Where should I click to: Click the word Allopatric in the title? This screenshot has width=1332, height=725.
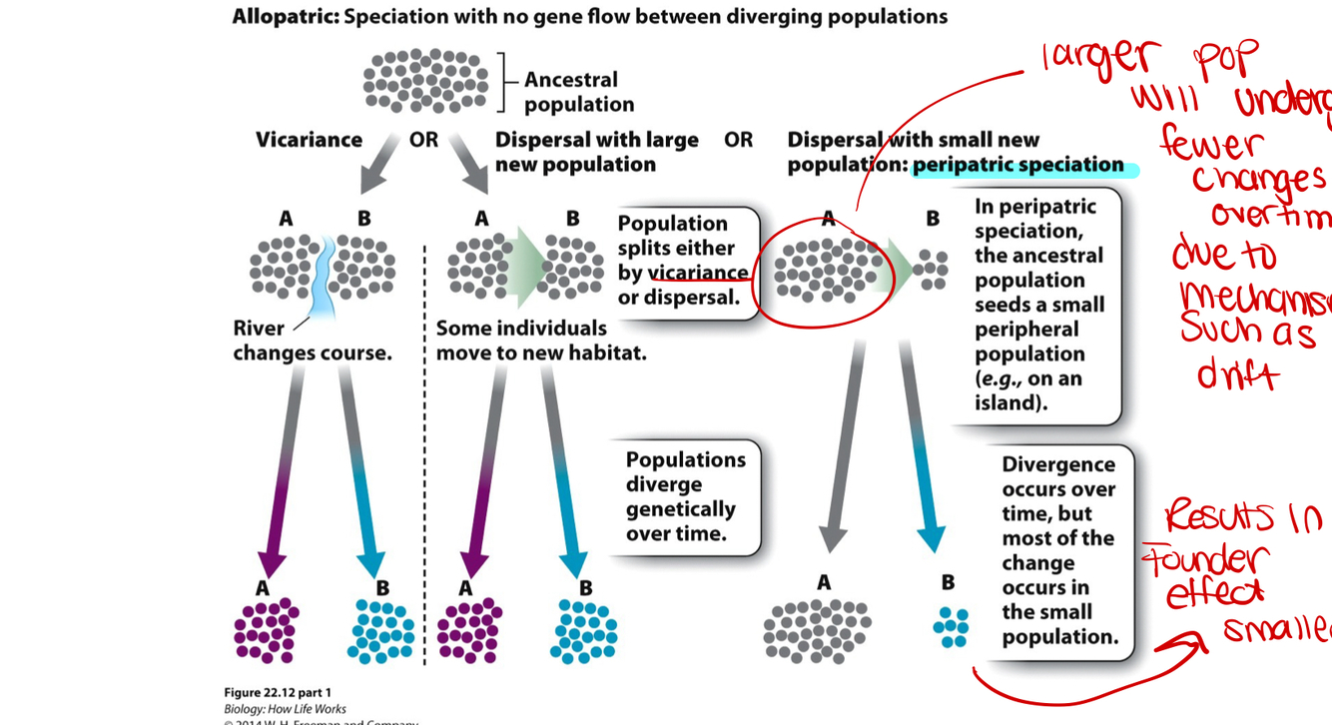tap(283, 17)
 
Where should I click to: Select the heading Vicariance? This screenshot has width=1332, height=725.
tap(309, 140)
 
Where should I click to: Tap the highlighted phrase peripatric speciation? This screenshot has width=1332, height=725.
tap(1017, 166)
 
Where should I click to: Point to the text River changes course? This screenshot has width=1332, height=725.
tap(312, 341)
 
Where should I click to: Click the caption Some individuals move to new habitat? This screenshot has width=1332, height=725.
tap(540, 341)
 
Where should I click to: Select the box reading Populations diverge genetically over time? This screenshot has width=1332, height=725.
tap(685, 496)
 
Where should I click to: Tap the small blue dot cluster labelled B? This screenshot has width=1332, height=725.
tap(950, 627)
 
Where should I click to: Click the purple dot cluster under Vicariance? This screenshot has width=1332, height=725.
tap(266, 631)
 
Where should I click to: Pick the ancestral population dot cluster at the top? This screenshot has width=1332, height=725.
tap(425, 81)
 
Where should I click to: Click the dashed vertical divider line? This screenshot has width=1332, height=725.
tap(425, 449)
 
